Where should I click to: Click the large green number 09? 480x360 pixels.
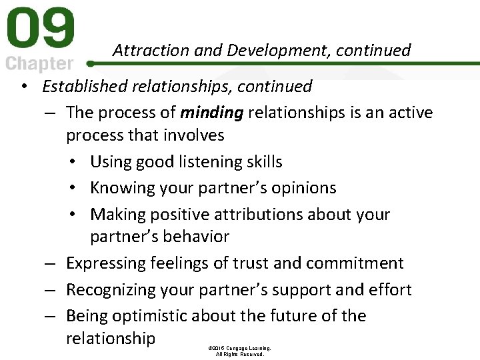pyautogui.click(x=40, y=29)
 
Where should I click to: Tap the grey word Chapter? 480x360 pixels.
pyautogui.click(x=40, y=64)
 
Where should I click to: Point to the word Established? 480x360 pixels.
pyautogui.click(x=83, y=87)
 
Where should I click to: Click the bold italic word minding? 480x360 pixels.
pyautogui.click(x=211, y=113)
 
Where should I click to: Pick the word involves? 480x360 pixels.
pyautogui.click(x=193, y=135)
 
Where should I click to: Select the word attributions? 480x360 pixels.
pyautogui.click(x=266, y=215)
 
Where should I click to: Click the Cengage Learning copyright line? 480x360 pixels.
pyautogui.click(x=239, y=348)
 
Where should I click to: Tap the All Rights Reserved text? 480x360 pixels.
pyautogui.click(x=239, y=355)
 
